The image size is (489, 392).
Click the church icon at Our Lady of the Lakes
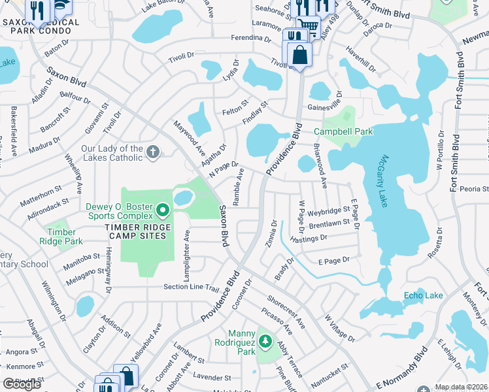[153, 152]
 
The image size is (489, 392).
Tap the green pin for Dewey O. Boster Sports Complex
[163, 211]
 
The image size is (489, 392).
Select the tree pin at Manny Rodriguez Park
[265, 341]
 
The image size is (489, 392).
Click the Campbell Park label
[343, 131]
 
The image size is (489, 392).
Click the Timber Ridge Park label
[65, 236]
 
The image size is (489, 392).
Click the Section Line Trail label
[190, 288]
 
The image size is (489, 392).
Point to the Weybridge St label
[329, 212]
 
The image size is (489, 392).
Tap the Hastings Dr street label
[309, 239]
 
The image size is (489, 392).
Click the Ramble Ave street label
[240, 186]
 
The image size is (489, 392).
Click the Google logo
[22, 384]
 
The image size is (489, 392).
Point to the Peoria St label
[474, 189]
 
